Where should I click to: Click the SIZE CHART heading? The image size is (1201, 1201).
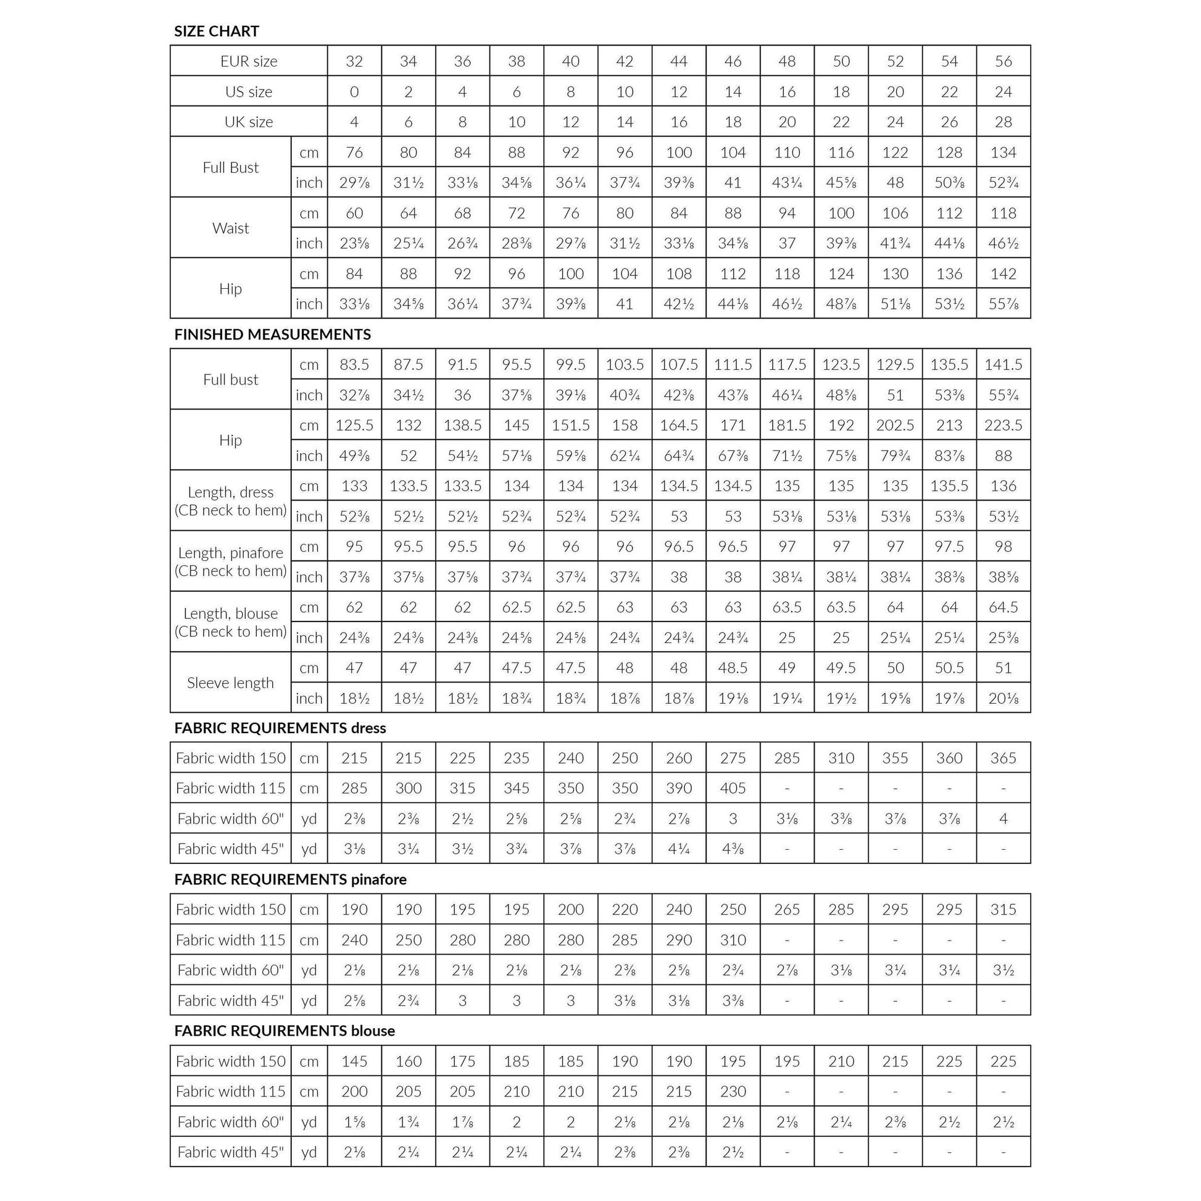(x=217, y=31)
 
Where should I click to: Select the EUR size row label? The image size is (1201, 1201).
(x=249, y=61)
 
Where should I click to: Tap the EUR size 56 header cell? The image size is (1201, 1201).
(x=1003, y=61)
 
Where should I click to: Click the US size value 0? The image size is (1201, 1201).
(x=354, y=91)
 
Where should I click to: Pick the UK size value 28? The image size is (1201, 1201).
(x=1003, y=122)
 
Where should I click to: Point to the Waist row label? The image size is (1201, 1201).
(x=231, y=228)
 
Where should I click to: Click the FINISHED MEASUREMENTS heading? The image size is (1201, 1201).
(x=272, y=335)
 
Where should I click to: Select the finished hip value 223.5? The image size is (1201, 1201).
(x=1003, y=425)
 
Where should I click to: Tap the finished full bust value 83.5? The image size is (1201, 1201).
(x=354, y=365)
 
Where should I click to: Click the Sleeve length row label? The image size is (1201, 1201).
(x=231, y=683)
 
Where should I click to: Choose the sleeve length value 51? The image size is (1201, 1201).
(x=1003, y=668)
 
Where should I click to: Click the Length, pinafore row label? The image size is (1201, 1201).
(x=231, y=562)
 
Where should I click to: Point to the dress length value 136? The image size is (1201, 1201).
(x=1003, y=486)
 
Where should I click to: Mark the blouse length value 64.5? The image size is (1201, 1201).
(x=1003, y=607)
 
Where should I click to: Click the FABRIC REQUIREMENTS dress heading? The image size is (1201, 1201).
(x=280, y=728)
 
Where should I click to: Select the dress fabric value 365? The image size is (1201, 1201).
(x=1003, y=758)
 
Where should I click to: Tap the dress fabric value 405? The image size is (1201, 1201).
(x=733, y=788)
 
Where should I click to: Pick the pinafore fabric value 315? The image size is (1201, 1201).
(x=1003, y=910)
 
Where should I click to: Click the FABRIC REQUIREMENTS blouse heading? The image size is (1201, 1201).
(x=284, y=1031)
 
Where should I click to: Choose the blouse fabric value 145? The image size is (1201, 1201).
(x=354, y=1061)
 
